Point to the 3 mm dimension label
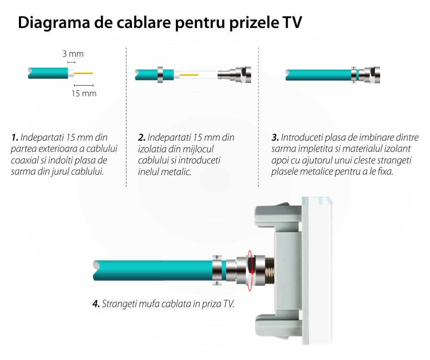(73, 54)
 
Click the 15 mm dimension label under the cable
(84, 94)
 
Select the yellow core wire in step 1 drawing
(84, 73)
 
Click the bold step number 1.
(15, 137)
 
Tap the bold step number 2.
(141, 137)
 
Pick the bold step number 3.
(275, 137)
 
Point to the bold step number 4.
(96, 304)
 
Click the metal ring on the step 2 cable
(160, 74)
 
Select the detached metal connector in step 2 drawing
(234, 74)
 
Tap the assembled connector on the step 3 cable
(365, 74)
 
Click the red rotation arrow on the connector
(250, 270)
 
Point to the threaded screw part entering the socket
(270, 270)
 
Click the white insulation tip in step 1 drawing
(71, 73)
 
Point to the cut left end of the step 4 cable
(96, 270)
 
